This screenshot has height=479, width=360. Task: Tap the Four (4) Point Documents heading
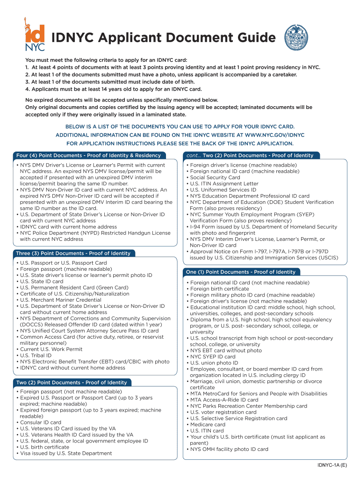pyautogui.click(x=88, y=155)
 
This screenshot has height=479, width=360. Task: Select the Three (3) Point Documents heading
pyautogui.click(x=73, y=253)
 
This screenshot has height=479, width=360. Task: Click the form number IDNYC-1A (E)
pyautogui.click(x=331, y=466)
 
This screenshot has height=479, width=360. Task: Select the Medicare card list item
pyautogui.click(x=208, y=425)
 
